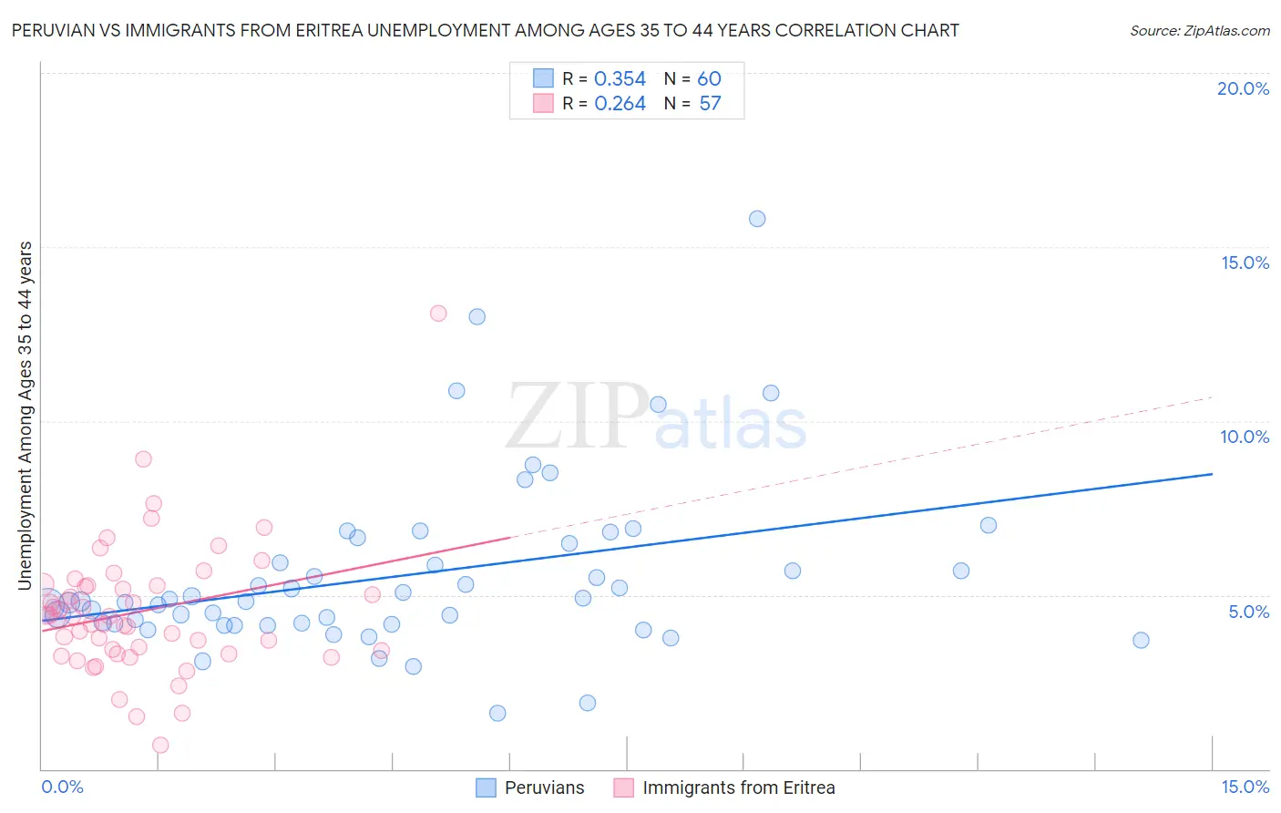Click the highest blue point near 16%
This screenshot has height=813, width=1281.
coord(757,219)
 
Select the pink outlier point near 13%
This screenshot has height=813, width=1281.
coord(438,314)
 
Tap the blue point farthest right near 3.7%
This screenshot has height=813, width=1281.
coord(1141,640)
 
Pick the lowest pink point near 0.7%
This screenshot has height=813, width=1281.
coord(160,745)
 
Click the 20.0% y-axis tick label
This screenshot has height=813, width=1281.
coord(1243,88)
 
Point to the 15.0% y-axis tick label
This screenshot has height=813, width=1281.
coord(1245,262)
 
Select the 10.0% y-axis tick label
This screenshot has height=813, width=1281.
coord(1245,437)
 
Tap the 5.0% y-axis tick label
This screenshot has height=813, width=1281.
coord(1248,612)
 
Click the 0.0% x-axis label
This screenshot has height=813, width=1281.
coord(62,787)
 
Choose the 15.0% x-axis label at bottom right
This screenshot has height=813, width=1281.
coord(1245,787)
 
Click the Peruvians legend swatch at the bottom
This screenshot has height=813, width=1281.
coord(487,787)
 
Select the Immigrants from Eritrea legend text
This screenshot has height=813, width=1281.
coord(738,787)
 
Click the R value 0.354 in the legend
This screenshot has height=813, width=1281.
coord(620,79)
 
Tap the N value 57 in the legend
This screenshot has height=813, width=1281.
coord(710,104)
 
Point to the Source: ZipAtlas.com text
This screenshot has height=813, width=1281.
coord(1199,31)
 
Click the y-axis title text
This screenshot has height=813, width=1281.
coord(26,415)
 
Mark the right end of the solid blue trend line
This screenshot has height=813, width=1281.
coord(1212,474)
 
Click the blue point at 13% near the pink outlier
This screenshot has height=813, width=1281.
coord(477,317)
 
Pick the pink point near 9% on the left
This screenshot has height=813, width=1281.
coord(143,459)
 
